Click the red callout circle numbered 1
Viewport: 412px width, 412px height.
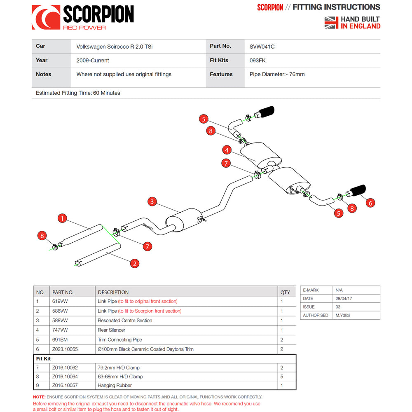pos(62,218)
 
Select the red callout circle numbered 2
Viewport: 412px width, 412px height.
pos(134,263)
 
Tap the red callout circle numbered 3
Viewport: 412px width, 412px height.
pos(152,201)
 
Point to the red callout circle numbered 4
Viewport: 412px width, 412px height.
pos(227,150)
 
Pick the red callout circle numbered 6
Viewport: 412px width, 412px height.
pos(370,202)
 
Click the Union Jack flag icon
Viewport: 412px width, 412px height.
pos(331,23)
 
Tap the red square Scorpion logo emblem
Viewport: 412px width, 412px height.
pos(46,17)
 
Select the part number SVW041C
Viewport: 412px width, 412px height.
pos(262,47)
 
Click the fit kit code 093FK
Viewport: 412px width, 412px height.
pos(257,61)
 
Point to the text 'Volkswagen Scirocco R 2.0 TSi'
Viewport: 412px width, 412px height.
pos(115,47)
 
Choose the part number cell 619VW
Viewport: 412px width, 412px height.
pos(60,302)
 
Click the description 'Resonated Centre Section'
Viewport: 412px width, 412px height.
pos(125,321)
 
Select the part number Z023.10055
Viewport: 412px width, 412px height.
pos(65,349)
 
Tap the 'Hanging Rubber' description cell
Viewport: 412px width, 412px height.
pos(115,386)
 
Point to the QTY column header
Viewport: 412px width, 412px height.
pos(285,292)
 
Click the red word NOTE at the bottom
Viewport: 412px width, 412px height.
pos(39,397)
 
